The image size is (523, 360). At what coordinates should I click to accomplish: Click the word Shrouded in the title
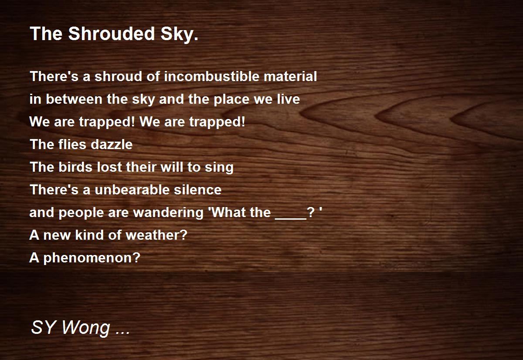point(112,34)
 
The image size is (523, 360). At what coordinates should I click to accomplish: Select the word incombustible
point(211,76)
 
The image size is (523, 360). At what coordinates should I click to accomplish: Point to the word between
point(74,99)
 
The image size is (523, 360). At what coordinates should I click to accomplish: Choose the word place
point(231,100)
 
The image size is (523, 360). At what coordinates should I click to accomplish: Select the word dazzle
point(112,144)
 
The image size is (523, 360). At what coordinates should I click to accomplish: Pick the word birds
point(75,167)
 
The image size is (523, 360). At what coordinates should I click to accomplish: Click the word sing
point(219,168)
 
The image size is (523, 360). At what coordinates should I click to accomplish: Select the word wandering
point(168,214)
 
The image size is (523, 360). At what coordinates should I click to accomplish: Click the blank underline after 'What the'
point(291,218)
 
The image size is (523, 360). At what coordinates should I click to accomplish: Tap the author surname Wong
point(86,328)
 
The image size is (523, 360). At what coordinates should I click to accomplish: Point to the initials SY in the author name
point(43,327)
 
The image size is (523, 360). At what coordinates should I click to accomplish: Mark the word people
point(81,214)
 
